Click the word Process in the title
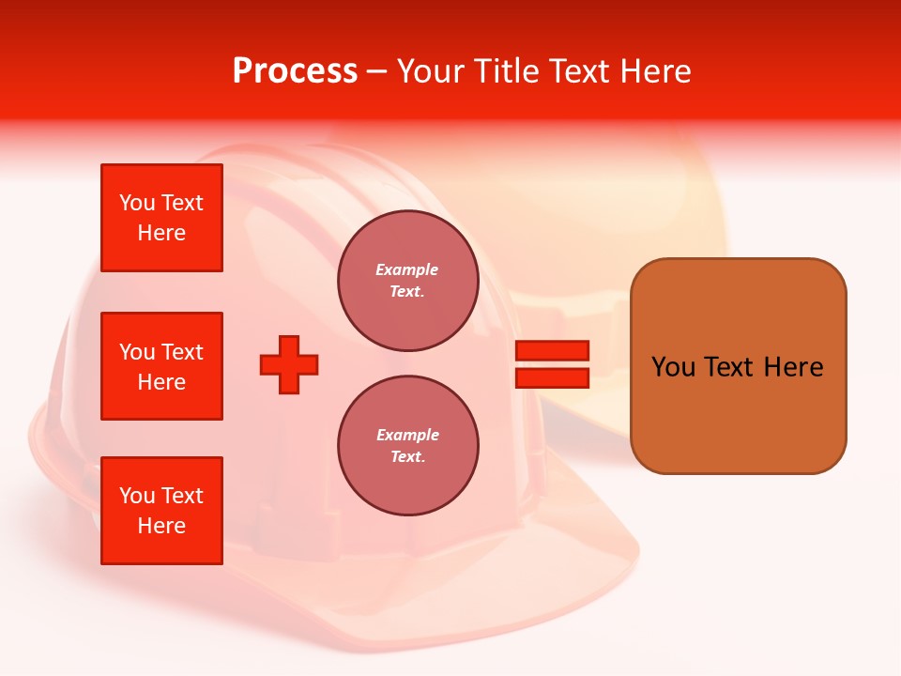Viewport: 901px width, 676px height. (x=295, y=71)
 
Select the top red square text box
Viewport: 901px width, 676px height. (x=161, y=218)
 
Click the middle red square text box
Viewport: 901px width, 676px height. (x=161, y=366)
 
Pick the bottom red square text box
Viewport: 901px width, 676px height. (x=161, y=511)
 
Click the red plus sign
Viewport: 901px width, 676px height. (x=289, y=364)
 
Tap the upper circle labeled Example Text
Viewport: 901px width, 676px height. (x=407, y=281)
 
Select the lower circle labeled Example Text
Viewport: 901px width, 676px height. (x=407, y=445)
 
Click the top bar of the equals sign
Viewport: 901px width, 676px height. (x=552, y=350)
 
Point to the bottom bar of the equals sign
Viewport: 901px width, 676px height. (x=552, y=377)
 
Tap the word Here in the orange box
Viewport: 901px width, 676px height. (x=793, y=367)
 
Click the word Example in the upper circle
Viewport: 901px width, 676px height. (x=407, y=270)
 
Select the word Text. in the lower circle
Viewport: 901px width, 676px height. (x=407, y=457)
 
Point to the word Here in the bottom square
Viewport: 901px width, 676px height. (x=161, y=526)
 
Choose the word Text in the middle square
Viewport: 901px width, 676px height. (x=182, y=352)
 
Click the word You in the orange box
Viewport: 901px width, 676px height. (x=673, y=367)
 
